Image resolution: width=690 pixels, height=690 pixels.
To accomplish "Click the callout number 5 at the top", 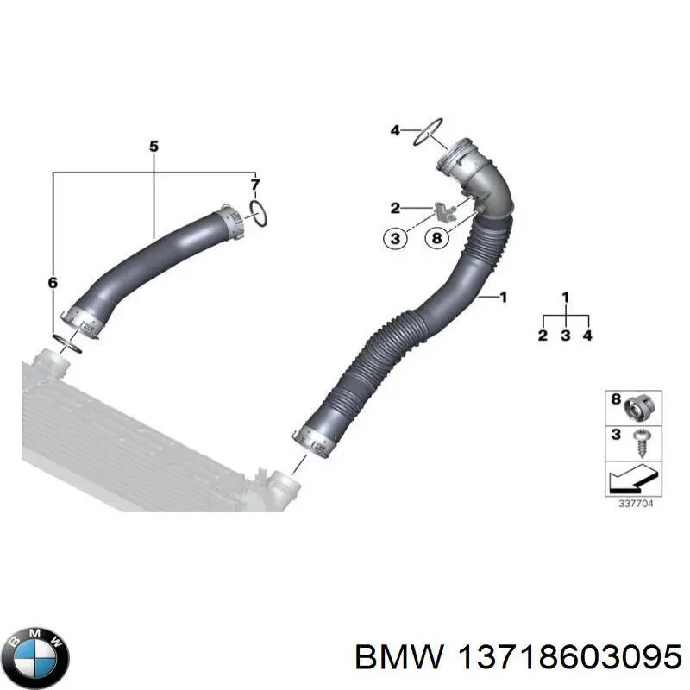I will click(x=154, y=147).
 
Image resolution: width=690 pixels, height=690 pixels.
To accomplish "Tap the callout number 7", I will click(x=254, y=185).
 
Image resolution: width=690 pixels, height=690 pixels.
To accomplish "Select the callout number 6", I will click(x=53, y=282).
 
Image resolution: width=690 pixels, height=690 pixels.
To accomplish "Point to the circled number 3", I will click(x=395, y=238).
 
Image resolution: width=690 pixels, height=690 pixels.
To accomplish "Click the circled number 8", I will click(x=438, y=238).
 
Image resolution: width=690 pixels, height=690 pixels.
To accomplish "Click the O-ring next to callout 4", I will click(x=428, y=132).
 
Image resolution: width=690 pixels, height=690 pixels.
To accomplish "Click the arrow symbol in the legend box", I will click(x=632, y=476).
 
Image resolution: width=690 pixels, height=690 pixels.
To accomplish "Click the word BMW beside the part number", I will click(x=398, y=657).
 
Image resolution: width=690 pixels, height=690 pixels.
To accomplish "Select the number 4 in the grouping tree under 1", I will click(x=587, y=335).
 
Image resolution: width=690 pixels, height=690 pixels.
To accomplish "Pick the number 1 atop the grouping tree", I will click(x=566, y=298).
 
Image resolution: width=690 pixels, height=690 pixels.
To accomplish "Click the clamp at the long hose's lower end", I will click(x=317, y=438).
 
